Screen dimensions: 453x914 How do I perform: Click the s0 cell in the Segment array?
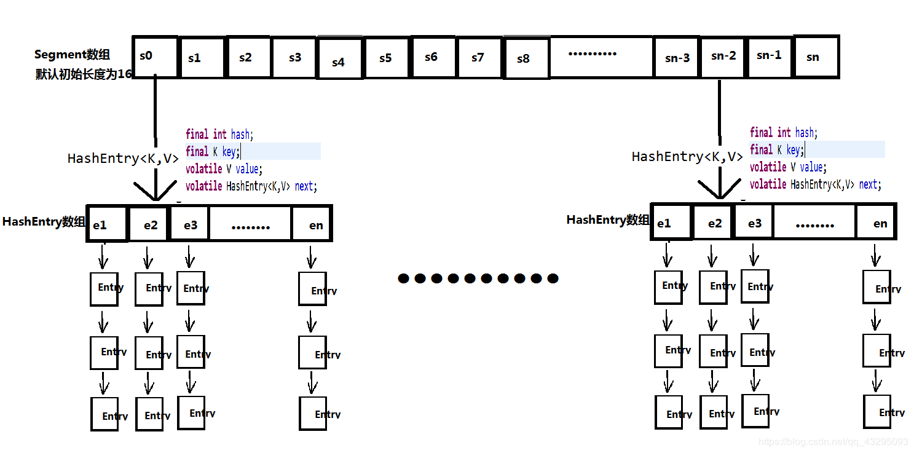pos(154,57)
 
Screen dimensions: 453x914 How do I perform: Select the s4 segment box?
pos(339,60)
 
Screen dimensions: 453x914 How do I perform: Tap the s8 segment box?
pos(526,58)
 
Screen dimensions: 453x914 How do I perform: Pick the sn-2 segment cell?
pos(723,56)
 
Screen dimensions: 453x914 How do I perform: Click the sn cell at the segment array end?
pos(816,57)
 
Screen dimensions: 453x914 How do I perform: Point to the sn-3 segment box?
pos(677,57)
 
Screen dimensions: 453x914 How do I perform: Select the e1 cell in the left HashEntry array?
pos(107,224)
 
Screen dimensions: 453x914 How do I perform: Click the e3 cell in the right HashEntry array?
pos(754,223)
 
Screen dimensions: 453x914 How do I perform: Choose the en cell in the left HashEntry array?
pos(312,224)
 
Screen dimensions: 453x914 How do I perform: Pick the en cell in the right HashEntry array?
pos(877,223)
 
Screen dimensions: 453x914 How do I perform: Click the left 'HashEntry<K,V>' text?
pos(123,159)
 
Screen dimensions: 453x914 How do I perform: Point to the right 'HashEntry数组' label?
pos(607,219)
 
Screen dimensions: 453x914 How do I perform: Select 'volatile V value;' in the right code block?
pos(788,167)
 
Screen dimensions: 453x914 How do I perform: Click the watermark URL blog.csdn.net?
pos(833,441)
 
